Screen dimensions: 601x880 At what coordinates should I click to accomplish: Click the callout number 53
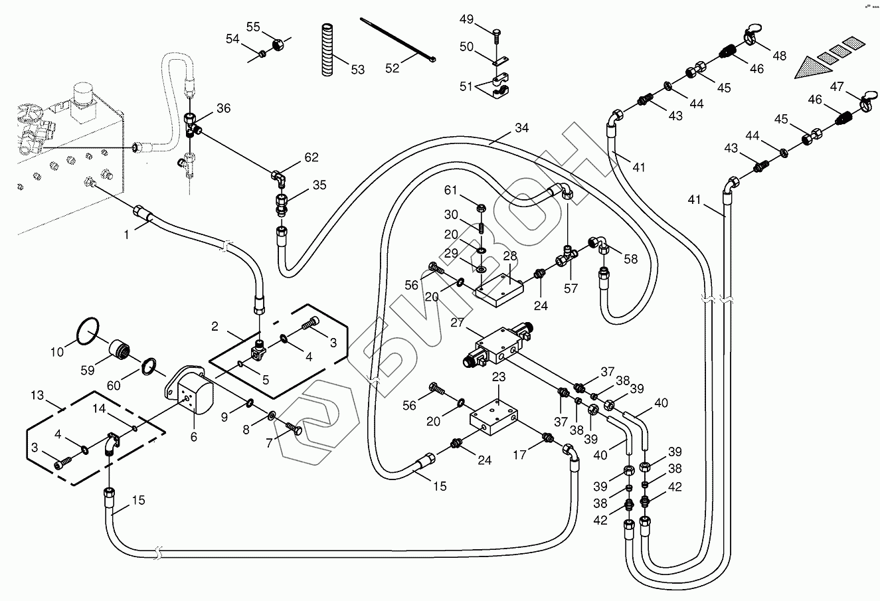(x=358, y=69)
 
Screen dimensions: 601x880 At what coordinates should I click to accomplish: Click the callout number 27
(x=457, y=323)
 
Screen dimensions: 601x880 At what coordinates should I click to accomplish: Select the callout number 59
(x=88, y=370)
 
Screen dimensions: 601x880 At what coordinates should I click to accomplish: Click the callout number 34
(x=522, y=128)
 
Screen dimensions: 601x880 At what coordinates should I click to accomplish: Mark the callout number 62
(x=311, y=157)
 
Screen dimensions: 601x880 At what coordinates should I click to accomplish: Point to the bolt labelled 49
(x=497, y=33)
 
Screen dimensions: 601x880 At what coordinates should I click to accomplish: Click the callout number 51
(x=467, y=86)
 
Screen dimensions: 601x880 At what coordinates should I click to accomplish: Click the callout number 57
(x=571, y=288)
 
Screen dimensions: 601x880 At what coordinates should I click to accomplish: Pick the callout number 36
(x=224, y=108)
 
